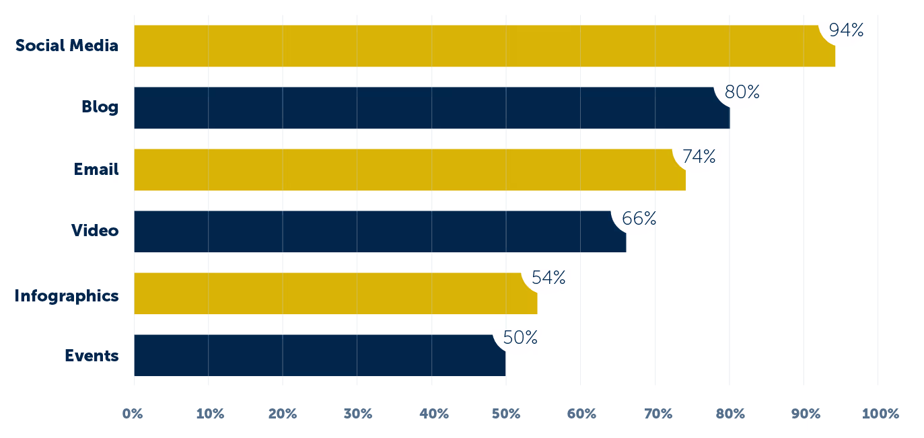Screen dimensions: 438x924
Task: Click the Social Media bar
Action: pyautogui.click(x=471, y=46)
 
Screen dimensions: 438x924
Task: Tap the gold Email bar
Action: pyautogui.click(x=404, y=170)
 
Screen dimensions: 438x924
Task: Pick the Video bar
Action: pyautogui.click(x=377, y=231)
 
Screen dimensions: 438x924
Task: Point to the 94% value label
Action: pyautogui.click(x=846, y=30)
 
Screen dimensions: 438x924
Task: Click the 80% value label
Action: pyautogui.click(x=742, y=92)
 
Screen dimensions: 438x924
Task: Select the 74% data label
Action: pyautogui.click(x=699, y=157)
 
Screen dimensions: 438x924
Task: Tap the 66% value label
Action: pyautogui.click(x=639, y=219)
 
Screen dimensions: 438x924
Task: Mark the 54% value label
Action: pyautogui.click(x=548, y=277)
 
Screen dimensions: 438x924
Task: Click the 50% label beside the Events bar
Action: pyautogui.click(x=520, y=337)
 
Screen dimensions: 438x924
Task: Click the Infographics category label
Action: pyautogui.click(x=67, y=295)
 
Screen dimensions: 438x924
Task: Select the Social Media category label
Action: pyautogui.click(x=67, y=46)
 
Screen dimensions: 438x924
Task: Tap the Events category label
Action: pyautogui.click(x=92, y=355)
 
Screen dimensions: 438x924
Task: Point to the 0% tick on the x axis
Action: pyautogui.click(x=133, y=413)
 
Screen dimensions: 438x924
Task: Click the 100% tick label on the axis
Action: pyautogui.click(x=880, y=413)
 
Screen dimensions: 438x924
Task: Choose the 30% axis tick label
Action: pyautogui.click(x=357, y=413)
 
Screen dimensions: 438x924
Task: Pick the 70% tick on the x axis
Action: pyautogui.click(x=655, y=413)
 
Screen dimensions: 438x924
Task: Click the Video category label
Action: pyautogui.click(x=95, y=231)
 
